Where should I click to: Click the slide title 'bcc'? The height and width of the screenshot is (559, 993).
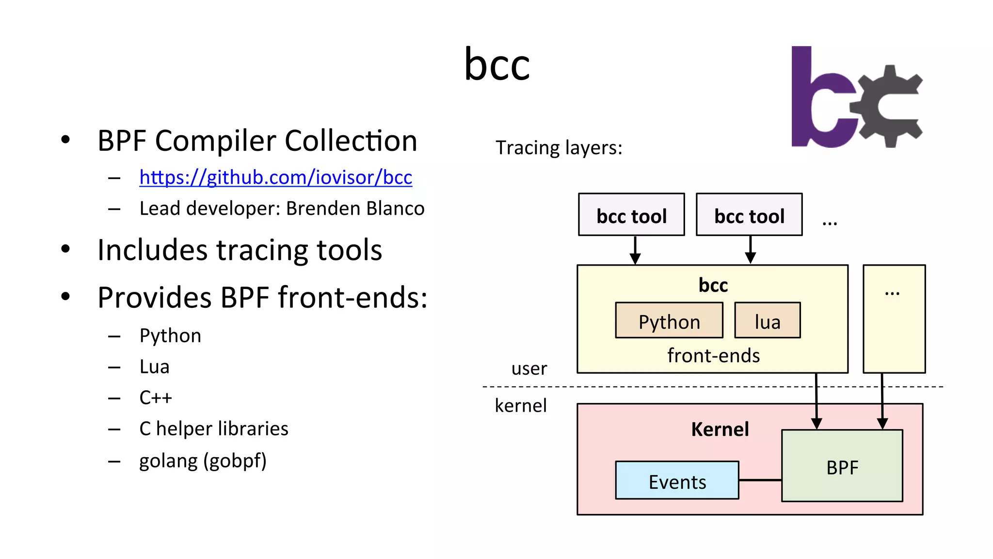497,65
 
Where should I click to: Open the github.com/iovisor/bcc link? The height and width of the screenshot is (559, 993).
275,177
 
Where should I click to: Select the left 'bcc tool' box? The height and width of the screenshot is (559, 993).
631,215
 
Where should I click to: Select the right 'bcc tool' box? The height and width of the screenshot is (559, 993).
749,215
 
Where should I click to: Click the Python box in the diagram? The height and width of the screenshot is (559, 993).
669,321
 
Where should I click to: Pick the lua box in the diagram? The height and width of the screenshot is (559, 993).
768,321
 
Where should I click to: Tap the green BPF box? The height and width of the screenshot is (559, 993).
842,466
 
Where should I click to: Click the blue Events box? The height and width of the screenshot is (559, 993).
677,480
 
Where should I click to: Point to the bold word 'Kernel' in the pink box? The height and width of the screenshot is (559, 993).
720,430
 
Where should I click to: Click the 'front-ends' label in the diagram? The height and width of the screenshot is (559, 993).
713,356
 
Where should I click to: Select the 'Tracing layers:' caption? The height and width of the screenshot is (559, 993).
559,148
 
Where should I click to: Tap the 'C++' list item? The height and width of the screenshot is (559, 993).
156,398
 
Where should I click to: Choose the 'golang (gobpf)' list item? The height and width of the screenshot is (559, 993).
203,461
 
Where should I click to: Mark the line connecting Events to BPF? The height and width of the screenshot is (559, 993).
760,480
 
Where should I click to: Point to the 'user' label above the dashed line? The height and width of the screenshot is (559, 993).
529,369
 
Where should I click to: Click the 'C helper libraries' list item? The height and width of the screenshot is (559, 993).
214,429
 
